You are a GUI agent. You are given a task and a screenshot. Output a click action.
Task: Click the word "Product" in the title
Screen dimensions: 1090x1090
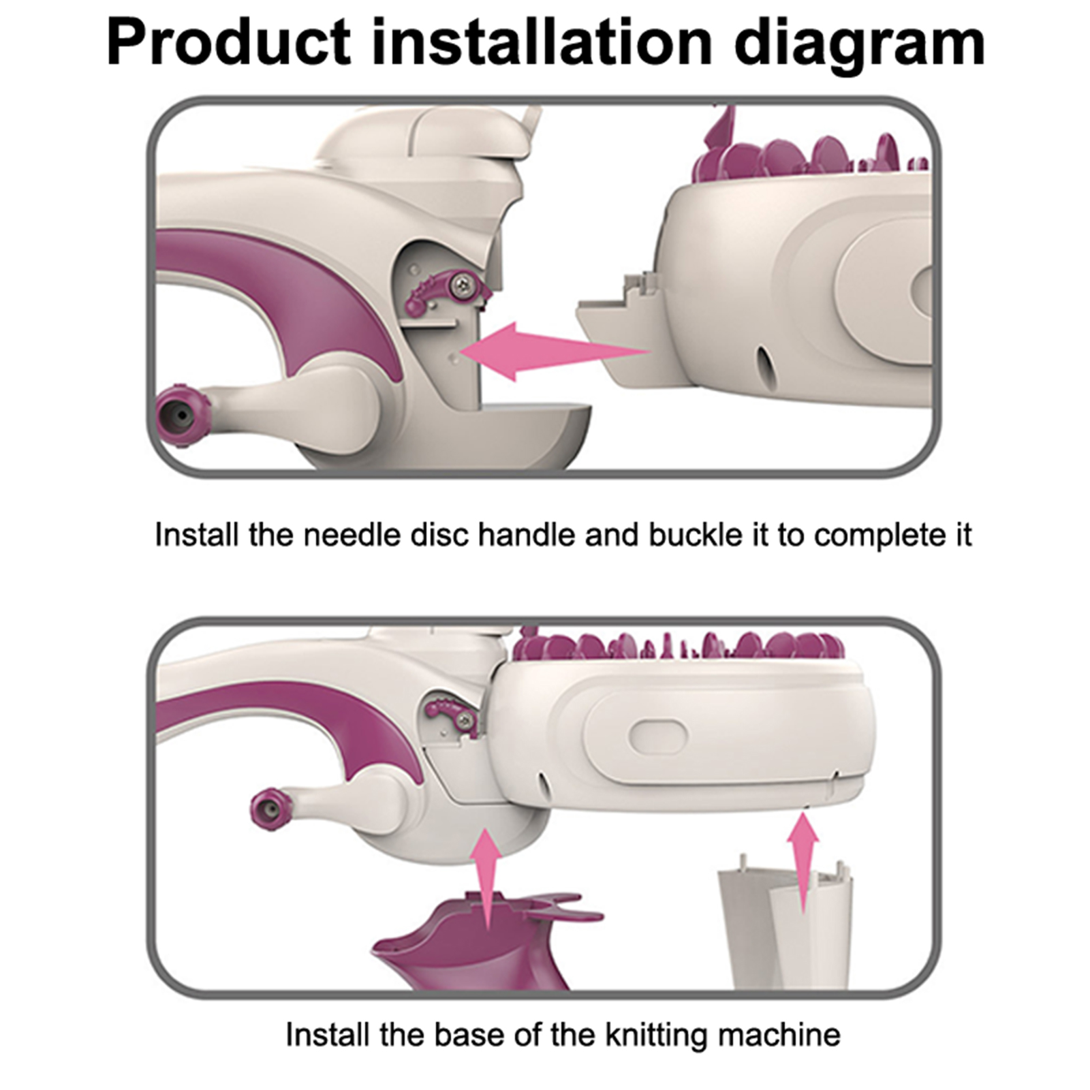[229, 43]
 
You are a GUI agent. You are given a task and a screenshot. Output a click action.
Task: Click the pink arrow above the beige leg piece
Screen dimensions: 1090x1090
[804, 861]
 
